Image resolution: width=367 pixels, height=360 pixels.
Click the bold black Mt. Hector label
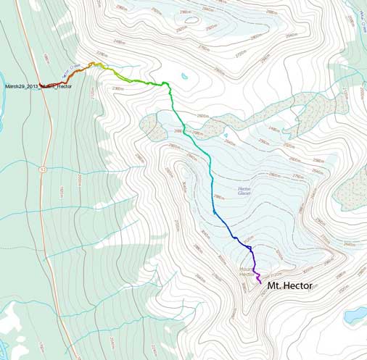click(x=290, y=286)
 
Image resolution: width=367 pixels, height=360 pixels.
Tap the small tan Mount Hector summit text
click(x=248, y=272)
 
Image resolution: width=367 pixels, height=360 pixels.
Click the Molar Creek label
click(x=362, y=13)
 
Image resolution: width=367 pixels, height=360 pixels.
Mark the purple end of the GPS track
click(x=260, y=282)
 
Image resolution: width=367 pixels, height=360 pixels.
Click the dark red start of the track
click(x=42, y=84)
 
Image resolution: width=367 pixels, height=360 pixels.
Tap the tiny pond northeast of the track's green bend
click(x=186, y=75)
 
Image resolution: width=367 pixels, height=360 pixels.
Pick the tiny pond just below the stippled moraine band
click(x=227, y=135)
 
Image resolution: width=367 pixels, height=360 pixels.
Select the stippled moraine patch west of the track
click(x=154, y=127)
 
